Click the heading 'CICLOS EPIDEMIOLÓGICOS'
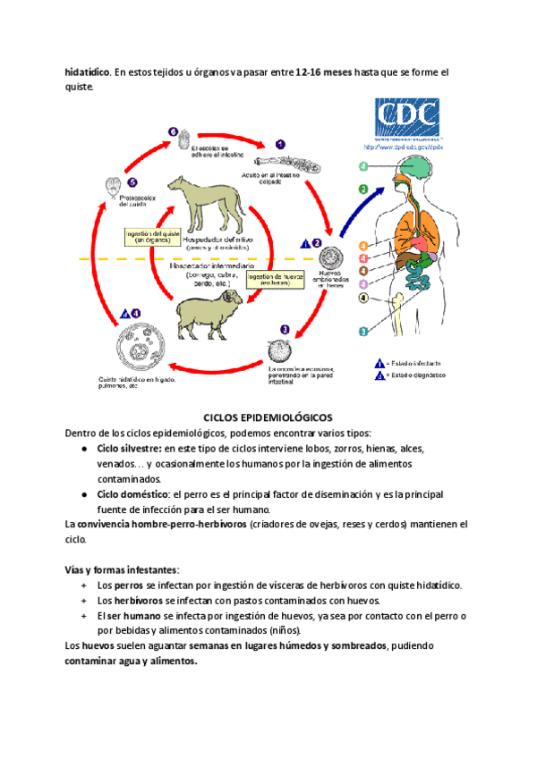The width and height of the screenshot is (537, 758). [x=268, y=417]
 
